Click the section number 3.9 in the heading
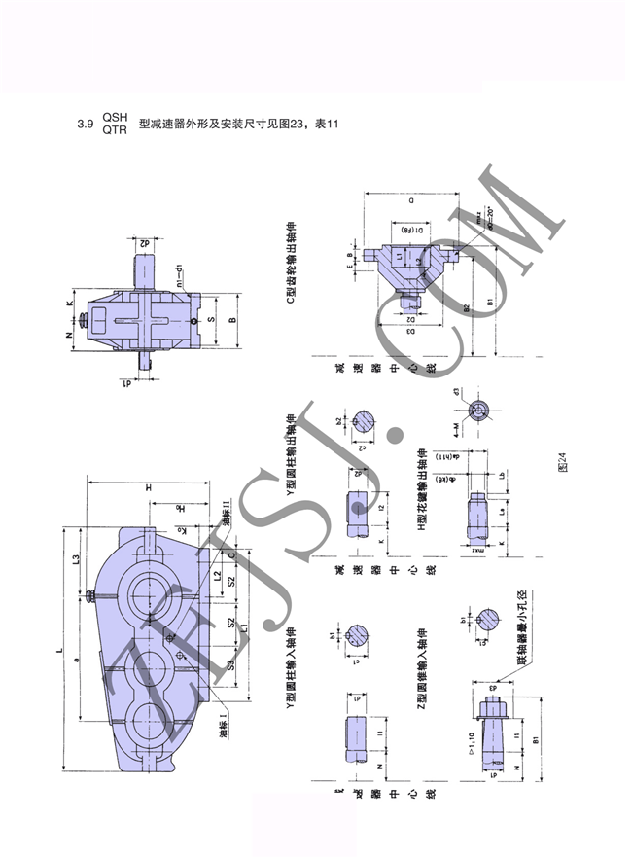(x=84, y=125)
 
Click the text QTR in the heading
(x=115, y=130)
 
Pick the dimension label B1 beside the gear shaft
(x=492, y=302)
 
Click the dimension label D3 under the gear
(x=412, y=332)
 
